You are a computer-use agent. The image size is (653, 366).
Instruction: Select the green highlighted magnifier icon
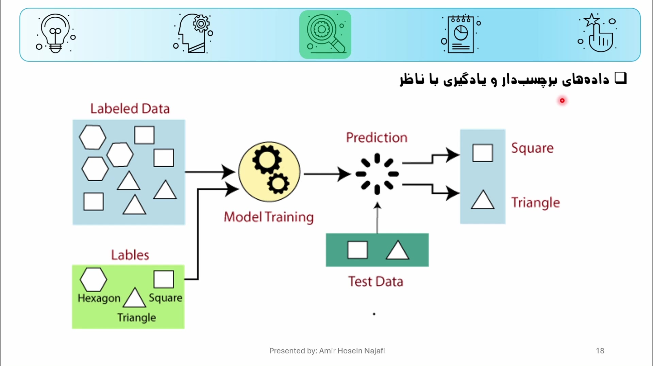(325, 34)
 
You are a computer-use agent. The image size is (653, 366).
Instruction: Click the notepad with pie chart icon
(461, 34)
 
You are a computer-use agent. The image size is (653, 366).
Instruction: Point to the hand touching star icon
(598, 33)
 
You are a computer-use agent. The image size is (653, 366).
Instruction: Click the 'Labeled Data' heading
(130, 109)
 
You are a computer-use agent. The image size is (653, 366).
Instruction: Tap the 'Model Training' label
(269, 217)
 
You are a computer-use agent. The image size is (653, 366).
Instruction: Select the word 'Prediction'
(376, 138)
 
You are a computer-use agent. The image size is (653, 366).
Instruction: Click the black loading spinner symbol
(377, 174)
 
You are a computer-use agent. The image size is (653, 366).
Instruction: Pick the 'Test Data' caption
(375, 282)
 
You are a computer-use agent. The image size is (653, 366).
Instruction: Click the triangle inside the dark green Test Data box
(397, 251)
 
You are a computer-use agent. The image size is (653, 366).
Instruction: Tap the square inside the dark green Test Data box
(357, 250)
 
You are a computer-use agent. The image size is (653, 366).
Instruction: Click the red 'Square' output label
(532, 148)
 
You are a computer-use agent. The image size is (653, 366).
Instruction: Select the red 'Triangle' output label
(535, 202)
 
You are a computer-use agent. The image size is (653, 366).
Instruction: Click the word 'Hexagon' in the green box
(99, 298)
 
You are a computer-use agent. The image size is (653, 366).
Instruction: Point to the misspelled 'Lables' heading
(130, 255)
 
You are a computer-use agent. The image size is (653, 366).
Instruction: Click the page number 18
(600, 351)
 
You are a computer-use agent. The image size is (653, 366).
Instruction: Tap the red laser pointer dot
(562, 100)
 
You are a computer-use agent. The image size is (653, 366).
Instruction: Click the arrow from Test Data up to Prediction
(377, 218)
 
